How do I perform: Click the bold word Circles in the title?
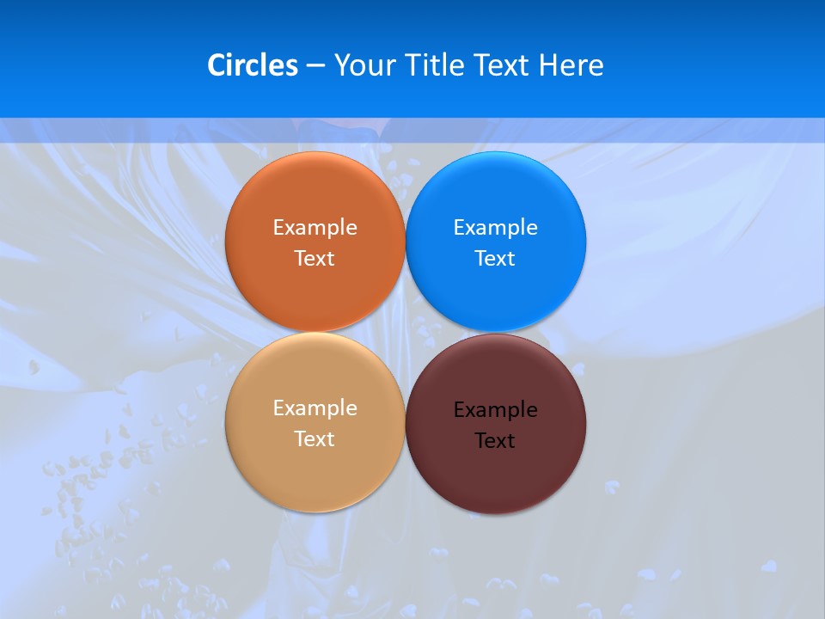click(253, 65)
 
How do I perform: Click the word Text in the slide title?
click(503, 65)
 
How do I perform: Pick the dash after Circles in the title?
click(315, 66)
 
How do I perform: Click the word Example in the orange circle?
click(315, 228)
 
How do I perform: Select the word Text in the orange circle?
click(315, 259)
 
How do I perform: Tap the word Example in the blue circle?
click(495, 228)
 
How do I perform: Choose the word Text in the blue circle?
click(495, 259)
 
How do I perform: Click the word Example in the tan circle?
click(315, 408)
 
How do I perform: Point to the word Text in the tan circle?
click(315, 439)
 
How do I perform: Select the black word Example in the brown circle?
click(495, 410)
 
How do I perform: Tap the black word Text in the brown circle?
click(495, 441)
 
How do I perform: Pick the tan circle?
click(315, 477)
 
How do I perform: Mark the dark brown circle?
click(495, 481)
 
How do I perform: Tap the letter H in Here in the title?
click(548, 65)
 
